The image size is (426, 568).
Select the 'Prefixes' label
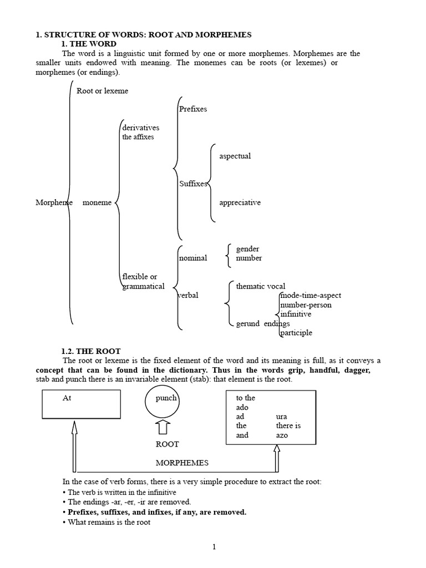(x=193, y=109)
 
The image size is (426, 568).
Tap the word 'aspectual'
(x=235, y=156)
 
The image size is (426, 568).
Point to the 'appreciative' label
(x=240, y=202)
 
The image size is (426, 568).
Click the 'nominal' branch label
(x=193, y=258)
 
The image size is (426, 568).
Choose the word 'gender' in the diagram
(x=247, y=249)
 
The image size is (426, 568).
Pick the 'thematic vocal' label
(x=261, y=286)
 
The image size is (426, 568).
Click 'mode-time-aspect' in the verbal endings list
(x=311, y=296)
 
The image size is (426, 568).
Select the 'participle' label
(x=296, y=333)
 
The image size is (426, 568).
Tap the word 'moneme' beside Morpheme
(x=97, y=202)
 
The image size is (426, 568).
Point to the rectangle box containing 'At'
(x=82, y=404)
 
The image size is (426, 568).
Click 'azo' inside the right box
(x=282, y=435)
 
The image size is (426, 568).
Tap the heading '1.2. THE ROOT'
(x=90, y=351)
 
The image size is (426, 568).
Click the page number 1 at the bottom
(x=214, y=547)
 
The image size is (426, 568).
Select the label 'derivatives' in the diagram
(x=141, y=128)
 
